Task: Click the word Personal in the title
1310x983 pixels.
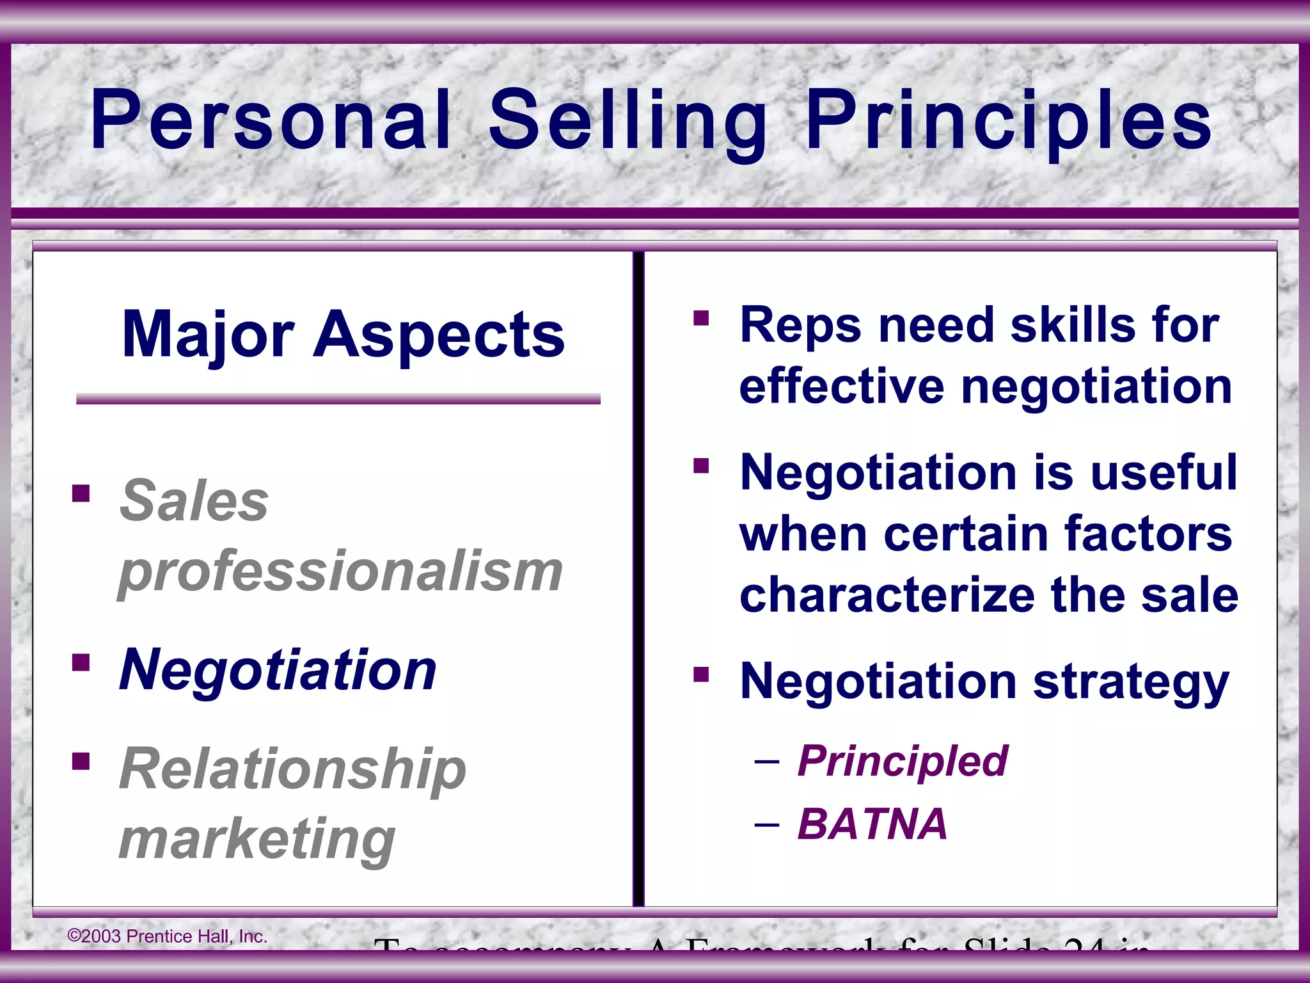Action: tap(271, 120)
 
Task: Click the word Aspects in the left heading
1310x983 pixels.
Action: tap(439, 335)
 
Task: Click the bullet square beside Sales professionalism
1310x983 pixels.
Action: tap(81, 493)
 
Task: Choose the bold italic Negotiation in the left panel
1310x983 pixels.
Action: tap(278, 669)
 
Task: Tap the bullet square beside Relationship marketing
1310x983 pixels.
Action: tap(81, 762)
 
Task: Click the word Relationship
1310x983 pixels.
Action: tap(292, 769)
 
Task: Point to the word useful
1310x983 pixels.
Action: tap(1164, 472)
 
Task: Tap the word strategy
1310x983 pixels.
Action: tap(1131, 682)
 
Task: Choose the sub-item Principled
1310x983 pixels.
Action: tap(903, 762)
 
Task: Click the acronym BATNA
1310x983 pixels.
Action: tap(872, 824)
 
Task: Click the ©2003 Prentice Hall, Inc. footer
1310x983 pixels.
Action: tap(167, 936)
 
